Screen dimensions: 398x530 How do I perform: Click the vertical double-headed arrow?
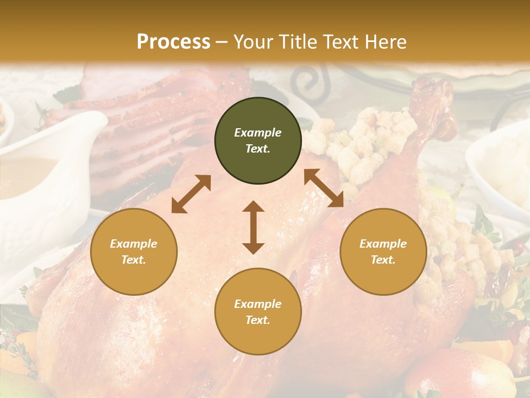(x=253, y=227)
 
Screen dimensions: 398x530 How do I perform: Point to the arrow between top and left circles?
(x=191, y=194)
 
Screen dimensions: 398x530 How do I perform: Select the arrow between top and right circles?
(x=324, y=188)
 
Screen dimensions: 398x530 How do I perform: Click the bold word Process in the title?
(x=173, y=41)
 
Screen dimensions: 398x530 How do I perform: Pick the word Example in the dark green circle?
(x=258, y=133)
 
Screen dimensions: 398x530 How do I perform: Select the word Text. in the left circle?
(x=134, y=260)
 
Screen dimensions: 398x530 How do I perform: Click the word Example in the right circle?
(x=383, y=244)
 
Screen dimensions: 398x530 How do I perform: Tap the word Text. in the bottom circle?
(x=258, y=320)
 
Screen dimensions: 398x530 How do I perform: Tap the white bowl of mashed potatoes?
(x=502, y=166)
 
